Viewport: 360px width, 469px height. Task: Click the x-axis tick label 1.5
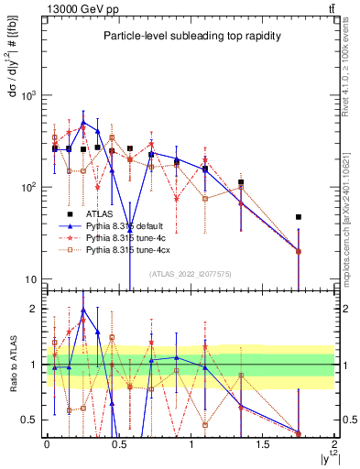(x=263, y=445)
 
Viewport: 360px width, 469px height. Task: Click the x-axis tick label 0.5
(x=118, y=445)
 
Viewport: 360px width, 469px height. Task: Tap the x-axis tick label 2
(x=335, y=445)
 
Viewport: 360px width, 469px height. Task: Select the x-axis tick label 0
(x=47, y=445)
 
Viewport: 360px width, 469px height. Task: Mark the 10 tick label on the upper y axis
(x=31, y=279)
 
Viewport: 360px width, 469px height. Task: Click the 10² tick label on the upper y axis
(x=29, y=187)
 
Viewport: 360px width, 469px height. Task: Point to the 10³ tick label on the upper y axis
(x=29, y=95)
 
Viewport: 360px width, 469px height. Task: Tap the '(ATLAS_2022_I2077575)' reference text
(x=190, y=273)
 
